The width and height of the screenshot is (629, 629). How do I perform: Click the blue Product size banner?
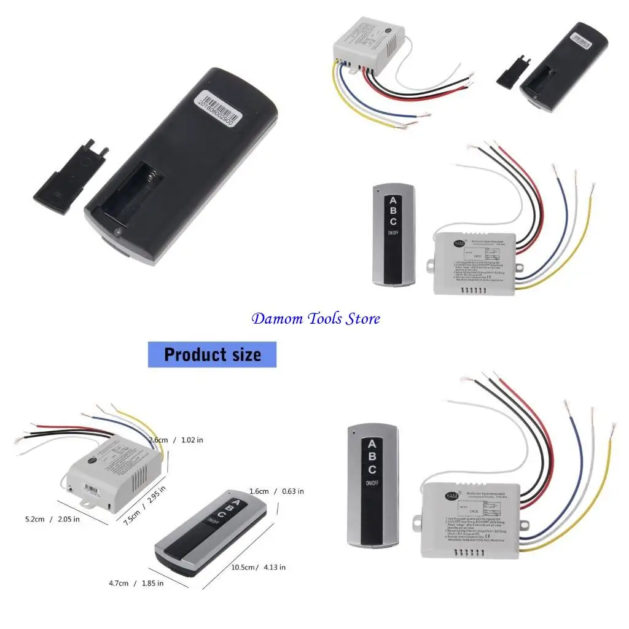212,354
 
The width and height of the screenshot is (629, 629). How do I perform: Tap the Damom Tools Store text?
316,319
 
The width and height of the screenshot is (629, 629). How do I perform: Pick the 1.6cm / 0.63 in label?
276,491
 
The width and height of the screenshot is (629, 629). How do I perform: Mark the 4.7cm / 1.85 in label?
137,583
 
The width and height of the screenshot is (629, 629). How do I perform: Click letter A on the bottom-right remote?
372,444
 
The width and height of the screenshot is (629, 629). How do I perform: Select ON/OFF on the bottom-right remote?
372,483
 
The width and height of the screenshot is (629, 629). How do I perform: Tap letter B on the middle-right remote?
393,211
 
